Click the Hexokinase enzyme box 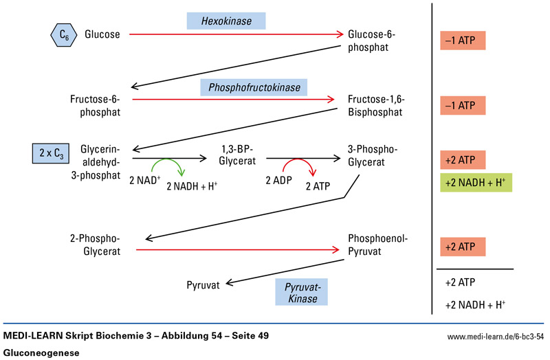coord(226,21)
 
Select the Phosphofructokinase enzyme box coord(254,87)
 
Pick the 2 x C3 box coord(52,153)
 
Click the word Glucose coord(102,33)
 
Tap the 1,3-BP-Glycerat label coord(236,155)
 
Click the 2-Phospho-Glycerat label coord(96,245)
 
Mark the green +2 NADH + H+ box coord(476,183)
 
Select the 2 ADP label coord(280,180)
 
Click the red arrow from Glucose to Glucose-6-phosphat coord(234,34)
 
